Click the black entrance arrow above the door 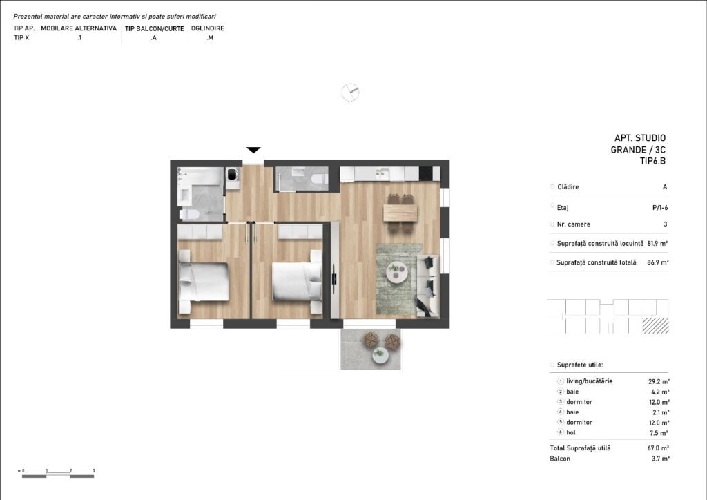(x=253, y=150)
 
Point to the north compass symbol (x=350, y=93)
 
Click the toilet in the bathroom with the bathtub (x=189, y=213)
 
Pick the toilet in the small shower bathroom (x=320, y=179)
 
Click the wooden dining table (x=400, y=213)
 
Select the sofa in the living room (x=428, y=285)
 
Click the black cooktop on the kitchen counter (x=425, y=173)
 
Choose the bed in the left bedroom (x=204, y=282)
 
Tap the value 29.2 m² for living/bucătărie (x=659, y=381)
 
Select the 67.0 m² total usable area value (x=658, y=448)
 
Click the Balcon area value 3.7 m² (x=661, y=459)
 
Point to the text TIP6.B (x=652, y=161)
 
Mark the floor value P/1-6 (x=660, y=208)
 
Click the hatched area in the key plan (x=655, y=325)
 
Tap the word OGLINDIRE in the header (x=208, y=28)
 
